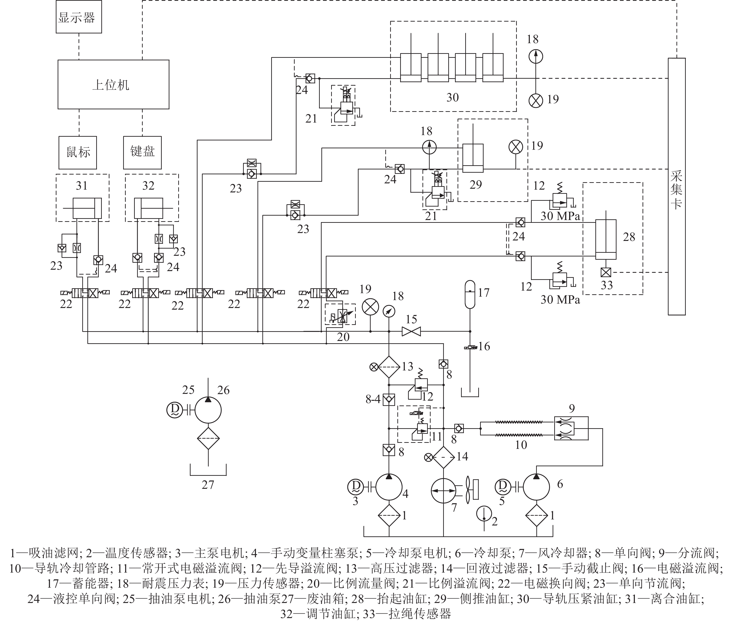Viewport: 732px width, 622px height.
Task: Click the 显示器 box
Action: point(79,17)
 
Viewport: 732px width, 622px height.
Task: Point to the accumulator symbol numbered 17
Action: point(470,294)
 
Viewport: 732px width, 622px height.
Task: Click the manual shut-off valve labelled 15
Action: point(411,331)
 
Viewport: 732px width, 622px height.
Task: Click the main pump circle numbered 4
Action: point(389,487)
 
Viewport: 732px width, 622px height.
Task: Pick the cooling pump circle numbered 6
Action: point(536,487)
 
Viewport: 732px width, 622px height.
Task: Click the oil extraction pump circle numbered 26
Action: point(208,410)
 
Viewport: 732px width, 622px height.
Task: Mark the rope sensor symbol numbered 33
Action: point(606,272)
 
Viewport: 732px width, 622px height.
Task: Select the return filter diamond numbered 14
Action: point(444,457)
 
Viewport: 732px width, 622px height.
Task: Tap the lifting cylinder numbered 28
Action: point(606,240)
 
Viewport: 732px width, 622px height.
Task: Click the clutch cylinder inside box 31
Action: point(87,208)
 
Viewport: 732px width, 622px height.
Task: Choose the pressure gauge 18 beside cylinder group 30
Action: point(536,56)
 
